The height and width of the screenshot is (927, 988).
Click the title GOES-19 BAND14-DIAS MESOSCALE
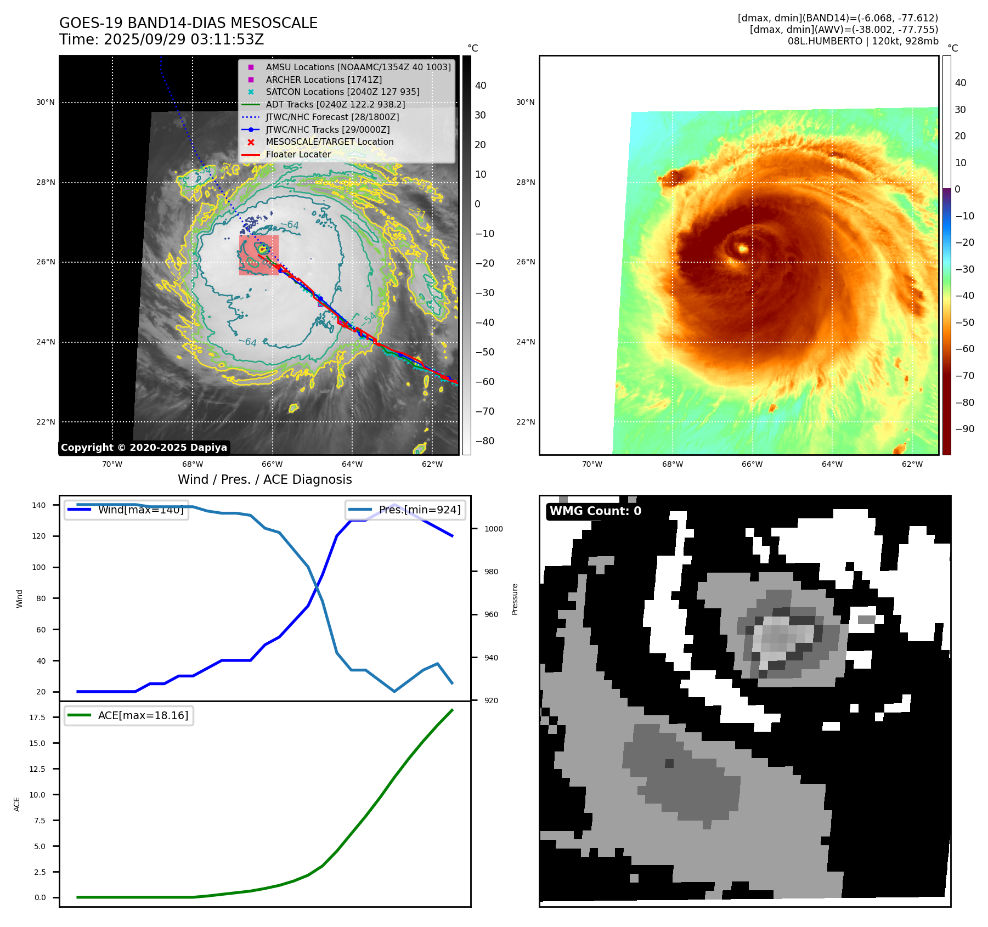tap(188, 23)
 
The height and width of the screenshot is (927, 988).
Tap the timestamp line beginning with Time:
tap(162, 39)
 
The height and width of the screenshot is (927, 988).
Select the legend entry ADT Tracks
tap(335, 104)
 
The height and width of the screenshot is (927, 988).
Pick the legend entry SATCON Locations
tap(342, 92)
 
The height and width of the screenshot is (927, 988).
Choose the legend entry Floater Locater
tap(298, 154)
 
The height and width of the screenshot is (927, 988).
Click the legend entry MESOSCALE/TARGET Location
tap(329, 142)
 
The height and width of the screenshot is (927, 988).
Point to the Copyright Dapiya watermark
tap(144, 448)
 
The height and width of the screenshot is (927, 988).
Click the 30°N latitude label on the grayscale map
tap(46, 102)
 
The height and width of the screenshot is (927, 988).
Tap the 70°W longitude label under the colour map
tap(592, 464)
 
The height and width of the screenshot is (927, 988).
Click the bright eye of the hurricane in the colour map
tap(743, 249)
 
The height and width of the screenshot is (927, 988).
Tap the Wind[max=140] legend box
tap(127, 510)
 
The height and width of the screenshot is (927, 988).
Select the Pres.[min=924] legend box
tap(406, 510)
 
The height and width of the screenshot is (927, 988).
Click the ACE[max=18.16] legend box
tap(129, 715)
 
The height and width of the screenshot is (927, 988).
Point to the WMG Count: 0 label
tap(595, 511)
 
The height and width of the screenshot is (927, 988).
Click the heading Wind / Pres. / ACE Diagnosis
tap(264, 479)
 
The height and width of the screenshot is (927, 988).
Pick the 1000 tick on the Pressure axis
tap(493, 529)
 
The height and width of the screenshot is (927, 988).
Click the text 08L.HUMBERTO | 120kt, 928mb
tap(862, 41)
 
